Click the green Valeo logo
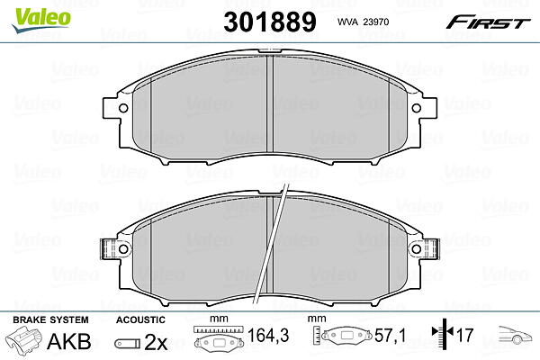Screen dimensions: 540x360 coord(40,20)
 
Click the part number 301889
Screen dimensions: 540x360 coord(270,22)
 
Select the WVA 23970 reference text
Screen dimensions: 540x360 coord(363,22)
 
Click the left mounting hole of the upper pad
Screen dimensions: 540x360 coord(123,108)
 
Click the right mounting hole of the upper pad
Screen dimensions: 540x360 coord(417,108)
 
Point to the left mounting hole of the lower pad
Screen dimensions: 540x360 coord(123,248)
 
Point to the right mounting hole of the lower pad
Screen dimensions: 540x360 coord(417,248)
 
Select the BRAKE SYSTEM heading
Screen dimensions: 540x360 coord(50,319)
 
